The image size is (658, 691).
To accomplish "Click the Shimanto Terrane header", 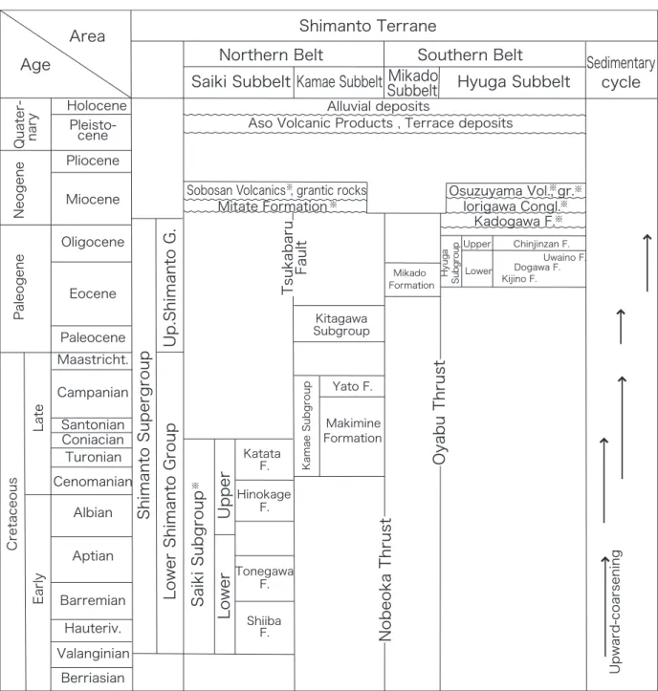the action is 367,26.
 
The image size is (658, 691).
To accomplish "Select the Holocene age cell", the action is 91,106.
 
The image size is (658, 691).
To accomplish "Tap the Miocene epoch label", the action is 93,199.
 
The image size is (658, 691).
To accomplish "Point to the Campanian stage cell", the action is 92,392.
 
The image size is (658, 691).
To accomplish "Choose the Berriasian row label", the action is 93,678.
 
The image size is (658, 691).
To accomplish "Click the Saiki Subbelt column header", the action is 240,81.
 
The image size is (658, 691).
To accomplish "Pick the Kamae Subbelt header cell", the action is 339,82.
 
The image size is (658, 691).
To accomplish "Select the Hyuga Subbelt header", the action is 514,81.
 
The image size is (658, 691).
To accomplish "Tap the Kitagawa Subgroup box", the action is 340,324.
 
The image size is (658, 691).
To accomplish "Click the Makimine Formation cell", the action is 352,430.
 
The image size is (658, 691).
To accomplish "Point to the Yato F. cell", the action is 352,386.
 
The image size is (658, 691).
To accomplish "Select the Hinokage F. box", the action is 264,501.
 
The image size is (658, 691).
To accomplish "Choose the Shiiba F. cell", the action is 264,627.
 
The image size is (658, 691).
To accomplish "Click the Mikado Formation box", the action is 411,279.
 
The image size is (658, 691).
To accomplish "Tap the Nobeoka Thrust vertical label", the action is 385,579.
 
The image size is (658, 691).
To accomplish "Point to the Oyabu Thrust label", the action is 439,413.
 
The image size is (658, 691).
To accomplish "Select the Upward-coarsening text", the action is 615,612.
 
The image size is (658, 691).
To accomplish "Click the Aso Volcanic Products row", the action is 380,123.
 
